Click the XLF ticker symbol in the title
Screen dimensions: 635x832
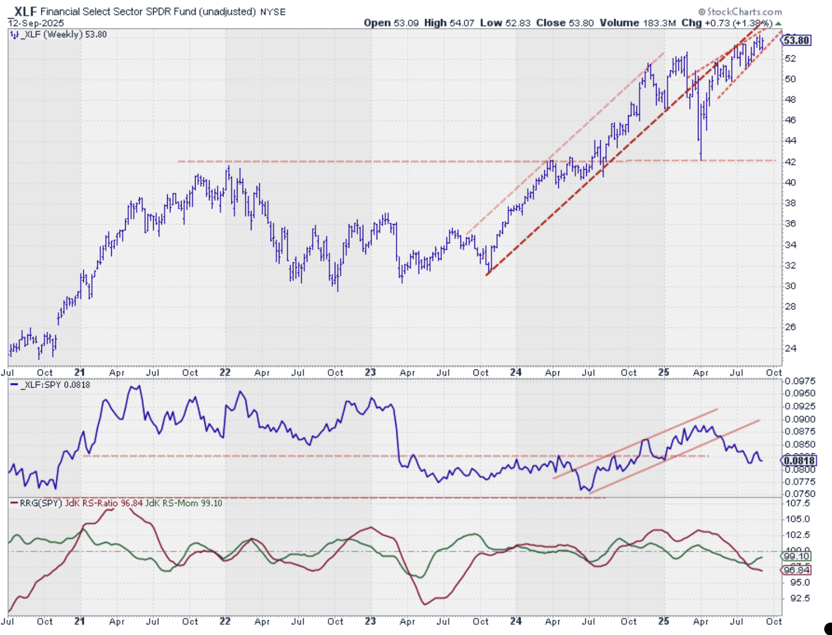(x=25, y=11)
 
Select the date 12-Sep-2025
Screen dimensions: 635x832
(x=36, y=23)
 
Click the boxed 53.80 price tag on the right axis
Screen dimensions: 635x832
(x=797, y=40)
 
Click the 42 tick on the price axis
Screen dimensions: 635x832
(x=791, y=162)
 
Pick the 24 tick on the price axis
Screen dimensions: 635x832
(x=791, y=348)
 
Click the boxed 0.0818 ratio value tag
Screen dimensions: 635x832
(x=800, y=461)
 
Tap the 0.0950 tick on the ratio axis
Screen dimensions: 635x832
(x=800, y=393)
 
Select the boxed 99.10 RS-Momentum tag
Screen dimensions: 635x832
(x=797, y=556)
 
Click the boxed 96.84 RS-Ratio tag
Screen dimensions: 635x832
(x=797, y=570)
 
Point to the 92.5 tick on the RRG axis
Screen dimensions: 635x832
(x=800, y=598)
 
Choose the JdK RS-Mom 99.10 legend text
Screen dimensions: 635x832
(x=184, y=503)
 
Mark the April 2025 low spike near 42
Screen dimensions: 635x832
(x=701, y=158)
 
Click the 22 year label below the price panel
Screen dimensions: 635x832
(x=225, y=373)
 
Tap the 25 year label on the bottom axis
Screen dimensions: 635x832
(x=664, y=621)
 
